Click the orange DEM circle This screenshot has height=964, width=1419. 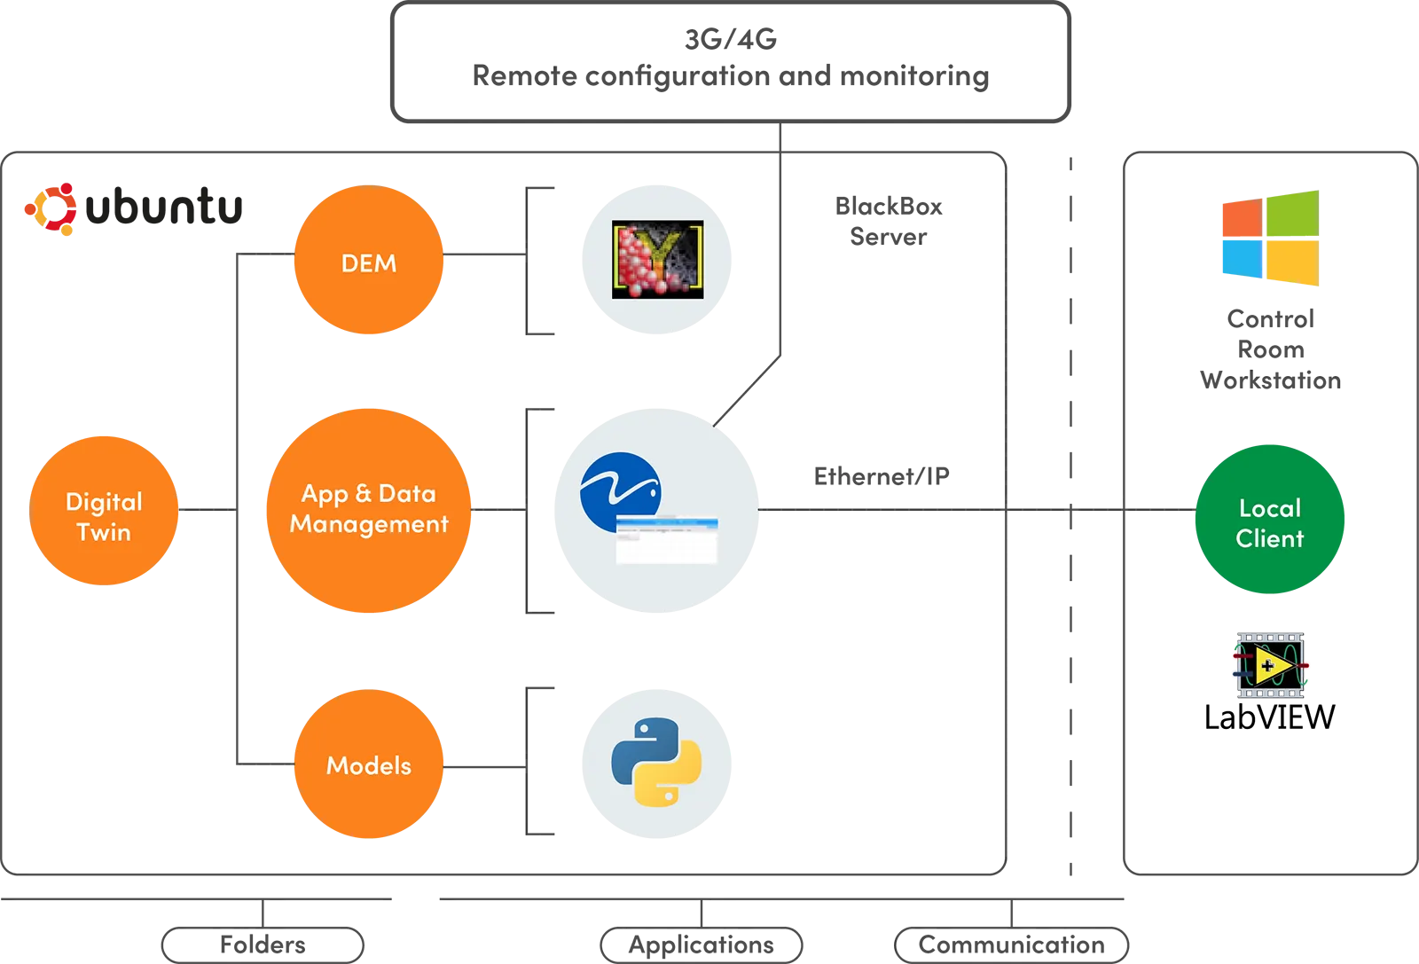point(368,261)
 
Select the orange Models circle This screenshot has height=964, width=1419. point(368,764)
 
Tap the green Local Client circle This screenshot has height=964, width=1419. point(1269,520)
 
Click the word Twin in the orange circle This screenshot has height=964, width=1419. point(104,532)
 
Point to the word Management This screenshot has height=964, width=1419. point(369,524)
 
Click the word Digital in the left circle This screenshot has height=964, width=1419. point(104,502)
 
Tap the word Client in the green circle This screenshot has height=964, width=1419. point(1269,538)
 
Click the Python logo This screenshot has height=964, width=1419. point(656,761)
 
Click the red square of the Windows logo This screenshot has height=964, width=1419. point(1241,218)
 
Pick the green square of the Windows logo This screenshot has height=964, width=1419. point(1292,214)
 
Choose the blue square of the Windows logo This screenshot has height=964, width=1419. point(1241,260)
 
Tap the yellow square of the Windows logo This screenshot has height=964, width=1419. point(1292,264)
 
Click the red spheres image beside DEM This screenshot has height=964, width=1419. point(657,259)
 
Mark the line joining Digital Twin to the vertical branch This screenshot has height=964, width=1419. point(208,508)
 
